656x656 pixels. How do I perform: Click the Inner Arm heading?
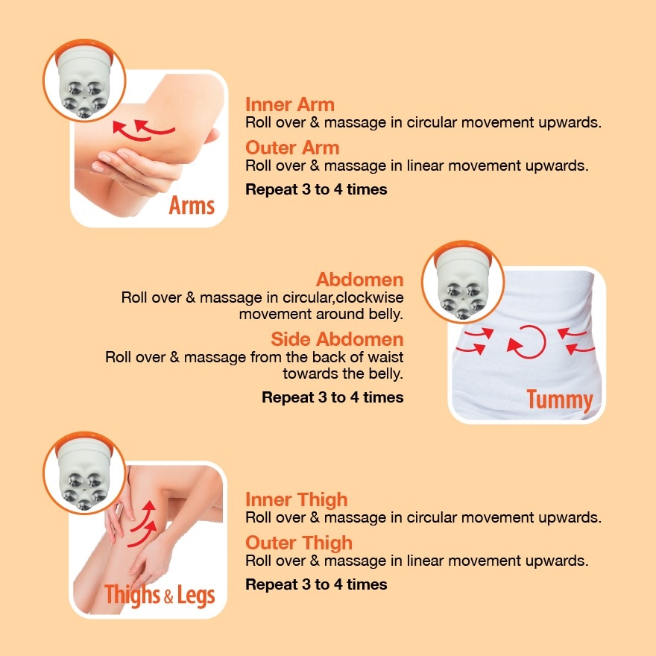tap(290, 104)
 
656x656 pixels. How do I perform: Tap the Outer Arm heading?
tap(292, 148)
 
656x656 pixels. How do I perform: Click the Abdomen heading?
tap(359, 280)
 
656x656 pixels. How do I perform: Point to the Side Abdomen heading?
tap(337, 339)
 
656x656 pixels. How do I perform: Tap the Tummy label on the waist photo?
tap(559, 400)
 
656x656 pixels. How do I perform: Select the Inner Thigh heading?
tap(297, 499)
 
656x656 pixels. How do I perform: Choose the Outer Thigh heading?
tap(299, 543)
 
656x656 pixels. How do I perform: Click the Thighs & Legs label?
tap(160, 595)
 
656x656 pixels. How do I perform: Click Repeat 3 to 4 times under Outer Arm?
tap(316, 189)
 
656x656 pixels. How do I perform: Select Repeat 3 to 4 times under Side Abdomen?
tap(332, 397)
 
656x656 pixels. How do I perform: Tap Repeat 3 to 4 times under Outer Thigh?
tap(316, 584)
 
